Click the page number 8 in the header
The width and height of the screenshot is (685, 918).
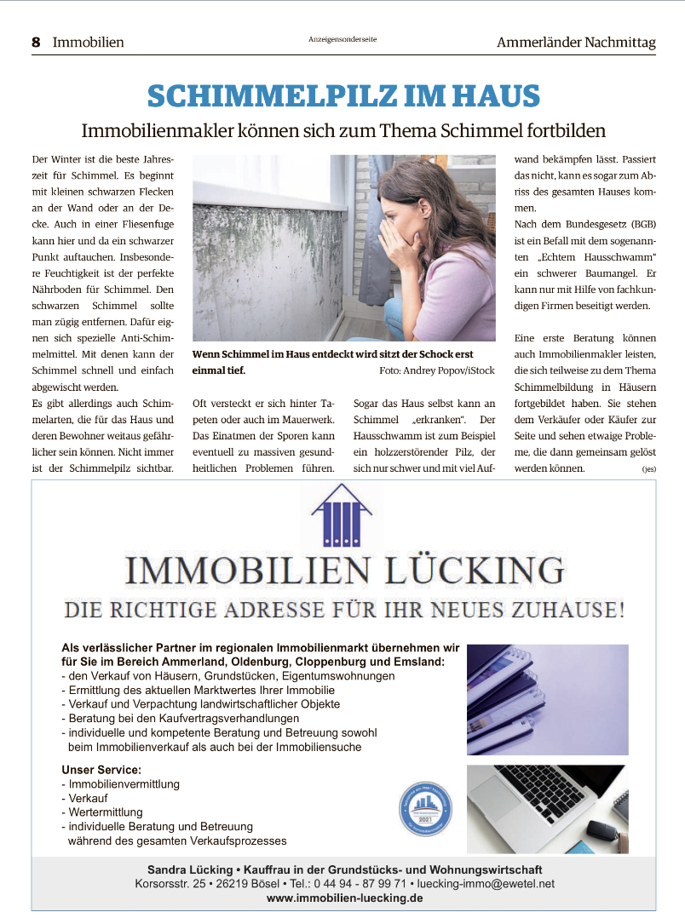pyautogui.click(x=37, y=42)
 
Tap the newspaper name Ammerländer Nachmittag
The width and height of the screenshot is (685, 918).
pyautogui.click(x=576, y=42)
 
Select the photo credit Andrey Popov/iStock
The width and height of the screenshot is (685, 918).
pyautogui.click(x=437, y=370)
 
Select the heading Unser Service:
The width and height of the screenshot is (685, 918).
pyautogui.click(x=101, y=770)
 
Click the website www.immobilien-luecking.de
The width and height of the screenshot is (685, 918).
pyautogui.click(x=344, y=898)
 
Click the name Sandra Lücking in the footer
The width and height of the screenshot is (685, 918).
pyautogui.click(x=187, y=869)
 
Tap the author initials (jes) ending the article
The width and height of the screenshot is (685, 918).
pyautogui.click(x=648, y=469)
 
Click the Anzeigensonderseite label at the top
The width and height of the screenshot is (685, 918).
pyautogui.click(x=342, y=39)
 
